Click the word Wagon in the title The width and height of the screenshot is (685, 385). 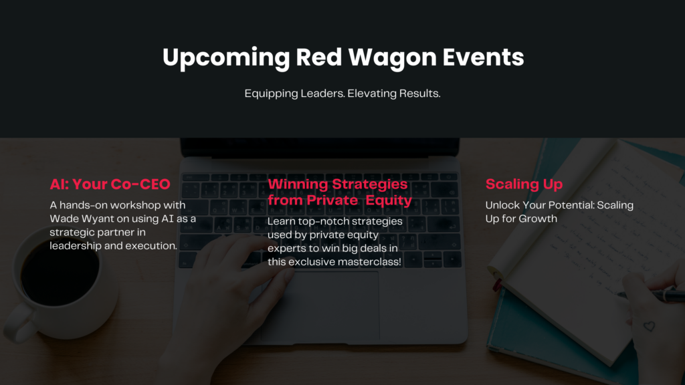tap(392, 57)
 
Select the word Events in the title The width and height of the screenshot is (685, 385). tap(483, 57)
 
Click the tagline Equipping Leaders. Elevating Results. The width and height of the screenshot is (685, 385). tap(342, 94)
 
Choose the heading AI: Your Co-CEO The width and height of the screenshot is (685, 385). tap(110, 184)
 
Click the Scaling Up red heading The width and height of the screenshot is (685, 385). tap(524, 184)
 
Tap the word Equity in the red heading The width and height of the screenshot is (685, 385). tap(389, 201)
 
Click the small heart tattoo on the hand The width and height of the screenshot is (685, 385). tap(649, 326)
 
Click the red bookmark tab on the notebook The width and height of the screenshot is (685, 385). tap(497, 285)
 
